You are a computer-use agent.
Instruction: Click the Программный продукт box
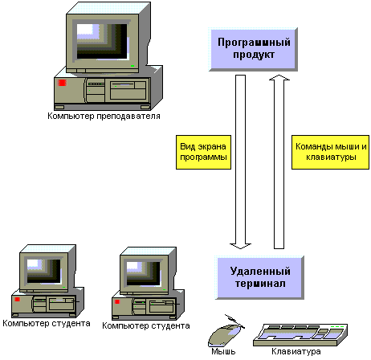pyautogui.click(x=253, y=49)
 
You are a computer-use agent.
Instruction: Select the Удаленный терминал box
pyautogui.click(x=259, y=277)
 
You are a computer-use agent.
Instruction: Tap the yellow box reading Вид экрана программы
pyautogui.click(x=203, y=152)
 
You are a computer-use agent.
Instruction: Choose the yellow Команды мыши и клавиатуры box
pyautogui.click(x=330, y=152)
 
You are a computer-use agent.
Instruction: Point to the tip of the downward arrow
pyautogui.click(x=240, y=248)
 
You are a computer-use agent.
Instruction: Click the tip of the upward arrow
pyautogui.click(x=279, y=75)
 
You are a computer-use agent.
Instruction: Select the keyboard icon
pyautogui.click(x=300, y=335)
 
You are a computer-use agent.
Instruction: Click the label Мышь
pyautogui.click(x=223, y=351)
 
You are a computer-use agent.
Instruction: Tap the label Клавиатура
pyautogui.click(x=296, y=351)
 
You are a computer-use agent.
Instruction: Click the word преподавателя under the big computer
pyautogui.click(x=128, y=117)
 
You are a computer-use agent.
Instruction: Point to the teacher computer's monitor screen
pyautogui.click(x=102, y=42)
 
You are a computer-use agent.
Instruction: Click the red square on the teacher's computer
pyautogui.click(x=62, y=83)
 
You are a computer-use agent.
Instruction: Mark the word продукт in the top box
pyautogui.click(x=254, y=55)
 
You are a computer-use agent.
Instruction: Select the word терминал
pyautogui.click(x=260, y=284)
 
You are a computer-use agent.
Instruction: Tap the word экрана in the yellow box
pyautogui.click(x=212, y=147)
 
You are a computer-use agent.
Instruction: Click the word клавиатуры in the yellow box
pyautogui.click(x=331, y=157)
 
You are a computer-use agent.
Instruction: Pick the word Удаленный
pyautogui.click(x=260, y=272)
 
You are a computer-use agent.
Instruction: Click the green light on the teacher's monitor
pyautogui.click(x=132, y=66)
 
